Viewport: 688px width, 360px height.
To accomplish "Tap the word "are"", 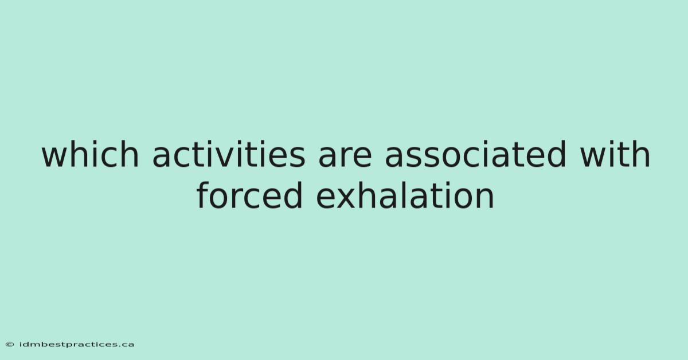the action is click(x=345, y=157).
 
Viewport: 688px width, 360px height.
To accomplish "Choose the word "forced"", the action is click(x=250, y=195).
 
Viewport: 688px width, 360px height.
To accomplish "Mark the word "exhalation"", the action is click(x=405, y=195).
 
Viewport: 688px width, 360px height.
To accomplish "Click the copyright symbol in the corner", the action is click(x=10, y=345).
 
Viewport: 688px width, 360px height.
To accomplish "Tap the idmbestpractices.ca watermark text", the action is click(x=77, y=345).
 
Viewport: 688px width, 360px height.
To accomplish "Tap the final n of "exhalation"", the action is click(x=485, y=198).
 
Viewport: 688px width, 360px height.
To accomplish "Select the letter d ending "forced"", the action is click(x=293, y=195).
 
